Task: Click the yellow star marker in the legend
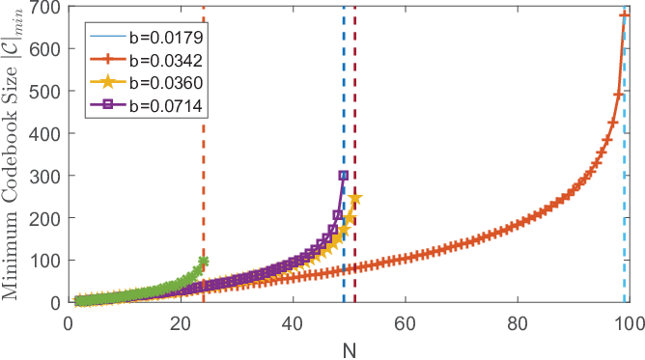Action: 108,82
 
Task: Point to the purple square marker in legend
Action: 108,105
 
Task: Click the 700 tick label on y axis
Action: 45,7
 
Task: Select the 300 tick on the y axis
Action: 45,176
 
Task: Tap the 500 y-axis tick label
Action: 45,91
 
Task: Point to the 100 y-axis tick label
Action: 45,261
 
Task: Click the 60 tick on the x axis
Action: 406,324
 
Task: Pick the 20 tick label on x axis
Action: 181,324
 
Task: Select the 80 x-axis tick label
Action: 518,324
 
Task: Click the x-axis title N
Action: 350,350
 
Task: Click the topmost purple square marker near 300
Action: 344,176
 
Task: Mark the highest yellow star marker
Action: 355,199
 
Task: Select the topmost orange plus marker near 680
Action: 625,15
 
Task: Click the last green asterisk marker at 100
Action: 203,261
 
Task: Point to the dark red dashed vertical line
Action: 354,154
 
